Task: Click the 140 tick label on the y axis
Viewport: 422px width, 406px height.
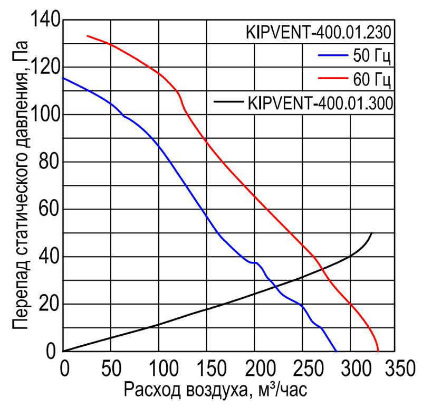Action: point(47,21)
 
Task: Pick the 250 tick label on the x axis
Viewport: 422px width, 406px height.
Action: point(303,367)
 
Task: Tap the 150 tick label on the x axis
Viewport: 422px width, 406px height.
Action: point(207,367)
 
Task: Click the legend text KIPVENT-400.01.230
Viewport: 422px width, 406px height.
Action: point(319,33)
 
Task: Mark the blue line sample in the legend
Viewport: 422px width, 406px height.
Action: point(332,54)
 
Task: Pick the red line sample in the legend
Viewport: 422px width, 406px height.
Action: point(332,79)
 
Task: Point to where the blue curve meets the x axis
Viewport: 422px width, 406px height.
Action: point(336,351)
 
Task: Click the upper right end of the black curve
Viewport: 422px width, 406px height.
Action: point(371,233)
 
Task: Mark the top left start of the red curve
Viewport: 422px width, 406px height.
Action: point(87,36)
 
